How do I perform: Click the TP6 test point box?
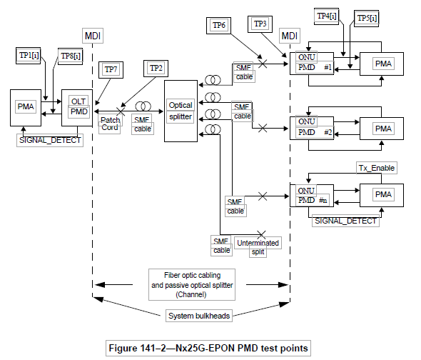218,26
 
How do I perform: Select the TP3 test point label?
260,24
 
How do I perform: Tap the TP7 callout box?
111,70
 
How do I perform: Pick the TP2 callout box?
156,69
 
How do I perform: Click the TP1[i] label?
29,56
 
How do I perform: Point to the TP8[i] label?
71,56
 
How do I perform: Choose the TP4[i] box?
327,16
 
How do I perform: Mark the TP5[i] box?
367,19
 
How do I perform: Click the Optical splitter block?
181,111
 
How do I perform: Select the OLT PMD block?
77,108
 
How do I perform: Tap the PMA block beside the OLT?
26,108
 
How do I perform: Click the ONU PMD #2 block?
312,128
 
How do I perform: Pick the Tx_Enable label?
377,168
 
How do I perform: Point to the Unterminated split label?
258,247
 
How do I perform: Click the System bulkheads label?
199,316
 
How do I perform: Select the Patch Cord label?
110,124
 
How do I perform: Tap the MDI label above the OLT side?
93,36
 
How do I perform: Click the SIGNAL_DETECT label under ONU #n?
345,221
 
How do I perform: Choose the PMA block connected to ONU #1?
382,64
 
